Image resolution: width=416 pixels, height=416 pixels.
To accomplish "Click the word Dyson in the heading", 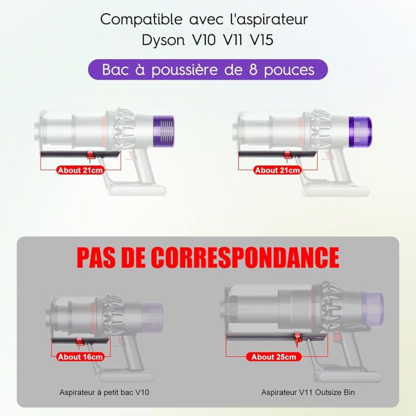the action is pyautogui.click(x=163, y=41).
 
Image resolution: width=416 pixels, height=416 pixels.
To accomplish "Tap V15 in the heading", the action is pyautogui.click(x=262, y=40).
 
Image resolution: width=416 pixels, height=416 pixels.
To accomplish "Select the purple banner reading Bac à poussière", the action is pyautogui.click(x=208, y=70).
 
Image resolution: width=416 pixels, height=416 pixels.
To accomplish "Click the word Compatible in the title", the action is pyautogui.click(x=141, y=19).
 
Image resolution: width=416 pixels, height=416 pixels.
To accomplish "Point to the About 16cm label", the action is pyautogui.click(x=81, y=357).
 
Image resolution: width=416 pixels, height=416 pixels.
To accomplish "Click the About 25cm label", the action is pyautogui.click(x=274, y=357).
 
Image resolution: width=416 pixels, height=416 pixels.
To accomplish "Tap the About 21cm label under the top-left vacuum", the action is pyautogui.click(x=81, y=170).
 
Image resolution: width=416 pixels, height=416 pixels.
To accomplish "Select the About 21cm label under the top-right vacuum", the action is pyautogui.click(x=277, y=170).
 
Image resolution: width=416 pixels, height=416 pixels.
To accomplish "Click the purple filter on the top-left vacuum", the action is pyautogui.click(x=163, y=131).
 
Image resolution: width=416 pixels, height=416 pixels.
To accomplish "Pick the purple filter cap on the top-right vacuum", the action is pyautogui.click(x=360, y=132).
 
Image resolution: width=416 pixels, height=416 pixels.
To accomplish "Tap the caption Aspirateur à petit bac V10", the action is pyautogui.click(x=105, y=392).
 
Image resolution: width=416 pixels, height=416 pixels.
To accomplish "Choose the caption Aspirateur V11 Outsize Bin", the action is pyautogui.click(x=308, y=392).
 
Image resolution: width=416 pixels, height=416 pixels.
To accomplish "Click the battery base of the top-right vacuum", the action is pyautogui.click(x=336, y=191).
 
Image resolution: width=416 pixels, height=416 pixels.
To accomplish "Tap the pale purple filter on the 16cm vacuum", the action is pyautogui.click(x=152, y=317).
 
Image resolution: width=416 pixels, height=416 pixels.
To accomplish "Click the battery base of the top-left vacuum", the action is pyautogui.click(x=137, y=190).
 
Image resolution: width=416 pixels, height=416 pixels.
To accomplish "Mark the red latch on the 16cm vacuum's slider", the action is pyautogui.click(x=80, y=342).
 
